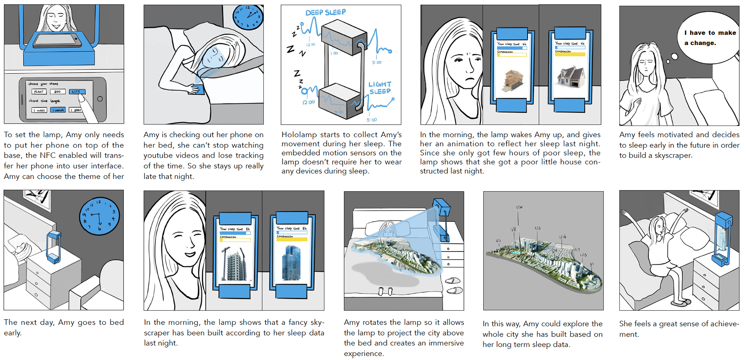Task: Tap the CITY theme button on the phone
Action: [x=77, y=92]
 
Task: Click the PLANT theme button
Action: [x=39, y=92]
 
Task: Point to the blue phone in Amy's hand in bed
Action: [x=197, y=90]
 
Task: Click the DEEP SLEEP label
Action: [x=326, y=12]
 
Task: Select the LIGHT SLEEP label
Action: [x=380, y=88]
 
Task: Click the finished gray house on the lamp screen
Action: [x=570, y=77]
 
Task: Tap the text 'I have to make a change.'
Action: [x=710, y=38]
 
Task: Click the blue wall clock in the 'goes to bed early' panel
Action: [x=99, y=216]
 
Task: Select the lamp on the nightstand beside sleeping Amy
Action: [x=53, y=246]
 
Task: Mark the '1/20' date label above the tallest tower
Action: [x=519, y=207]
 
